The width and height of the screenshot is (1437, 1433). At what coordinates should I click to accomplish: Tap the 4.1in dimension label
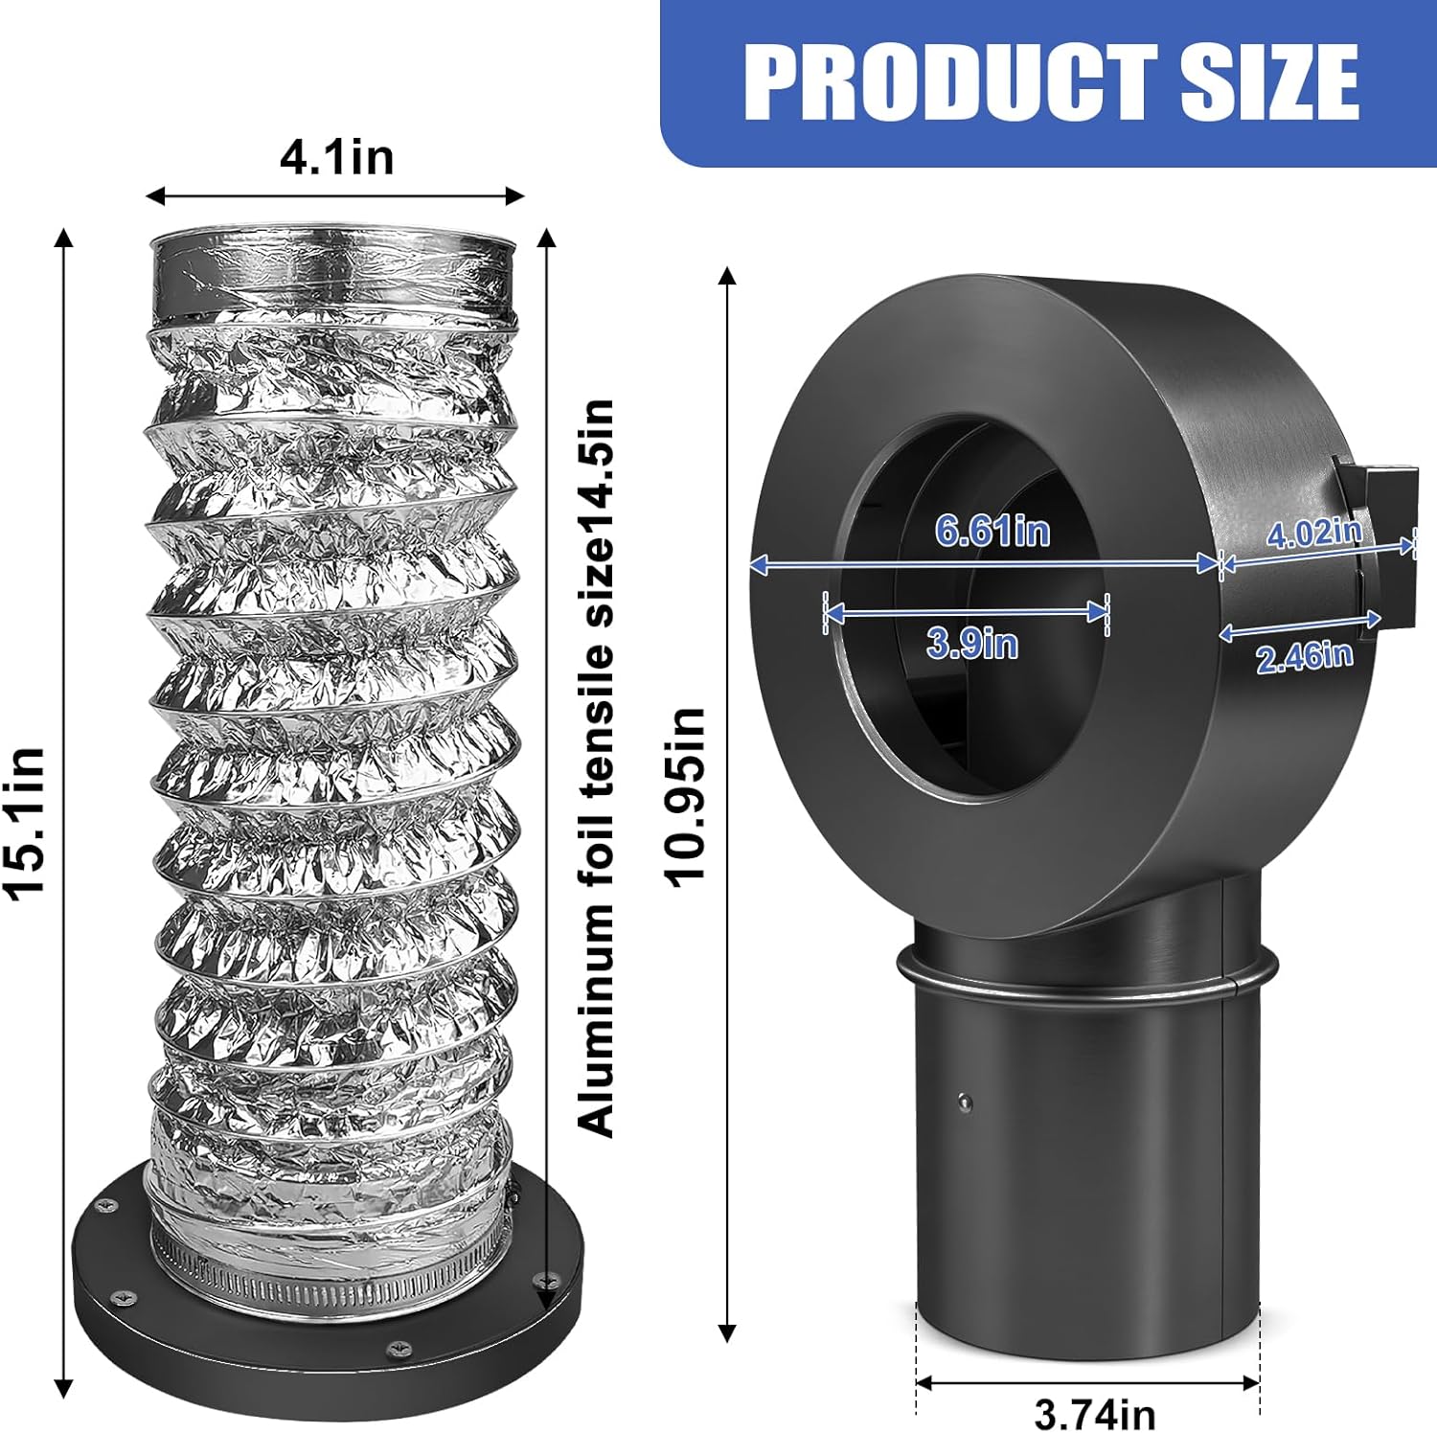click(336, 157)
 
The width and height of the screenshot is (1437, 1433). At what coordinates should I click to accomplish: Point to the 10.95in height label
click(686, 798)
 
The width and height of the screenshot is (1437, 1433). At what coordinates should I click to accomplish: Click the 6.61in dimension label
click(992, 531)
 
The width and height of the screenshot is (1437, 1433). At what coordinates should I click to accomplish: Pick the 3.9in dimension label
click(972, 642)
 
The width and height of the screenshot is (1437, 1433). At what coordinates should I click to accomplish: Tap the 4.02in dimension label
click(1313, 533)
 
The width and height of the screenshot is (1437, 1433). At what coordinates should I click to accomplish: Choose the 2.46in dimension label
click(1304, 657)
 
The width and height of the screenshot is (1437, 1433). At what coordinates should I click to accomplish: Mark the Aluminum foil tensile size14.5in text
click(596, 766)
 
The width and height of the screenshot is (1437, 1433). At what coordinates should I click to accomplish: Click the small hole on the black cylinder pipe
click(965, 1102)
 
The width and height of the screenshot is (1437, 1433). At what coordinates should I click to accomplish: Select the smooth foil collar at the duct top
click(333, 278)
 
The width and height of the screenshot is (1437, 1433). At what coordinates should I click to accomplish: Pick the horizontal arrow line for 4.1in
click(334, 196)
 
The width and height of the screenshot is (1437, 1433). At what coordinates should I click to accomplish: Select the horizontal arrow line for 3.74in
click(1087, 1383)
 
